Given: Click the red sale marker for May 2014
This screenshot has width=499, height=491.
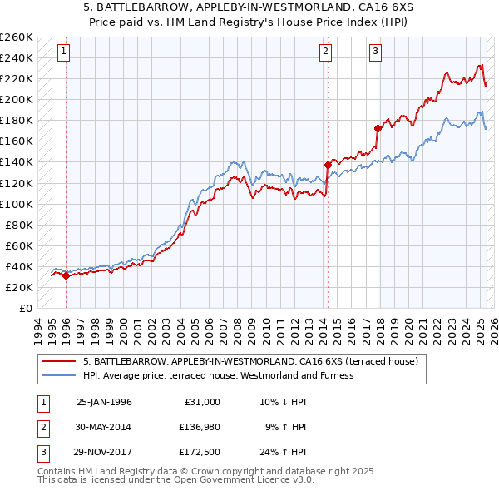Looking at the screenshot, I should [328, 165].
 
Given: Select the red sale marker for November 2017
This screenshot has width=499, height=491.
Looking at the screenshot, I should [378, 128].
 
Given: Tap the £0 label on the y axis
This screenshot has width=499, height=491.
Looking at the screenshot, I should [26, 308].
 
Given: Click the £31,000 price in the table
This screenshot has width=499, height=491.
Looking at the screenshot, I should [202, 401].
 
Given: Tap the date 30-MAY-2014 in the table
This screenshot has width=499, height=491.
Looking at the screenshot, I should [103, 427].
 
